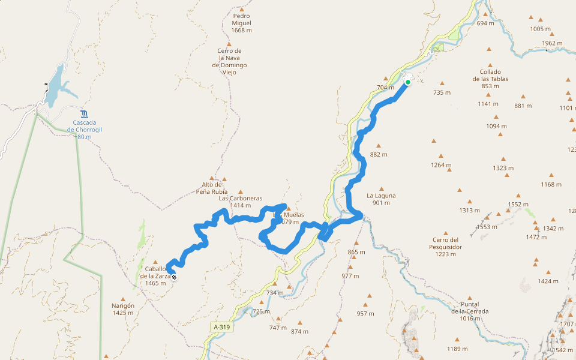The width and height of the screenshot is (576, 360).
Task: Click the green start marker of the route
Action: point(408,82)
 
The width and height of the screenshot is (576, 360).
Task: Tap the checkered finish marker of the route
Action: point(174,277)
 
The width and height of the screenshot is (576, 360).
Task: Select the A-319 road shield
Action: point(221,327)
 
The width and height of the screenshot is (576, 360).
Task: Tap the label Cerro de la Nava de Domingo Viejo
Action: point(230,62)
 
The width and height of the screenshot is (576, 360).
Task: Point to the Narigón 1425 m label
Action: point(123,308)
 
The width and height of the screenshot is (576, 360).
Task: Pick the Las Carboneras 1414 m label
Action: point(241,202)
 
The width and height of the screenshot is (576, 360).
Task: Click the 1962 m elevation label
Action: point(552,43)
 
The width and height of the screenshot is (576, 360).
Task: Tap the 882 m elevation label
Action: point(379,154)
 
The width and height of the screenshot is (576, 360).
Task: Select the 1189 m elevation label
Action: point(457,349)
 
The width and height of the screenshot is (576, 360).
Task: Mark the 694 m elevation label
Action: point(485,23)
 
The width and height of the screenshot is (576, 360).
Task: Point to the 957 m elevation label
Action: point(365,313)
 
